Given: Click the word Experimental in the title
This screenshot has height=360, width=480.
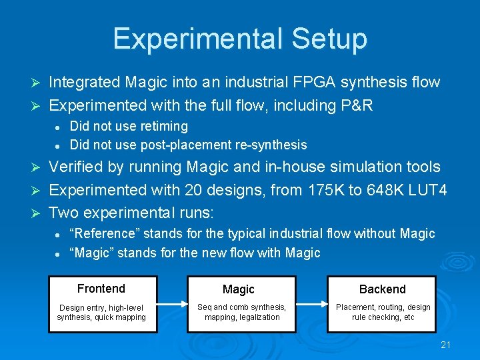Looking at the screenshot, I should pyautogui.click(x=194, y=39).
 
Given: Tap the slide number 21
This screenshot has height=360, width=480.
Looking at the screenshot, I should pyautogui.click(x=447, y=345).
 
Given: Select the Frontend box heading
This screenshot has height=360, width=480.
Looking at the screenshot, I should pyautogui.click(x=101, y=289).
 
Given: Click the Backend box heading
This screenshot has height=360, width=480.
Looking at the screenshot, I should pyautogui.click(x=382, y=289).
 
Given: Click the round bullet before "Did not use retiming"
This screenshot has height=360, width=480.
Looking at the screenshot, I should pyautogui.click(x=59, y=127).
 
